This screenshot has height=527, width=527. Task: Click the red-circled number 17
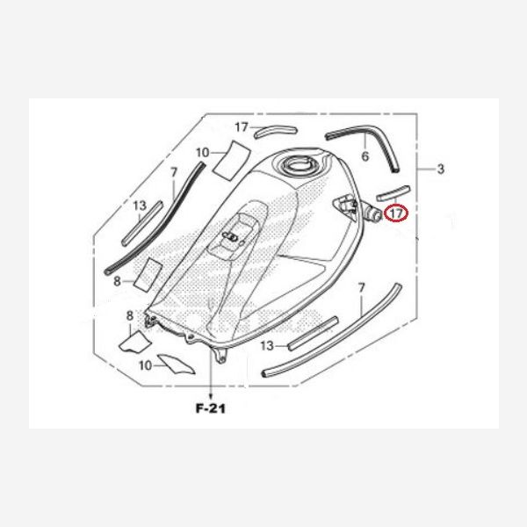click(397, 213)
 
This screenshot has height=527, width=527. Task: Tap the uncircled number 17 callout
click(242, 127)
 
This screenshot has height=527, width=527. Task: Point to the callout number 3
click(441, 168)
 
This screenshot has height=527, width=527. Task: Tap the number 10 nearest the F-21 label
click(146, 363)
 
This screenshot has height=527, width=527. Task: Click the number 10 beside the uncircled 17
click(203, 153)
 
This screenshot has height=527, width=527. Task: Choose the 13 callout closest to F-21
click(267, 344)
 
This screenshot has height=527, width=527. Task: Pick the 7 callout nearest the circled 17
click(361, 288)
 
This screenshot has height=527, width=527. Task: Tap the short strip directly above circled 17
click(393, 190)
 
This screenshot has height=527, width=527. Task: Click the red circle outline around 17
click(407, 213)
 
